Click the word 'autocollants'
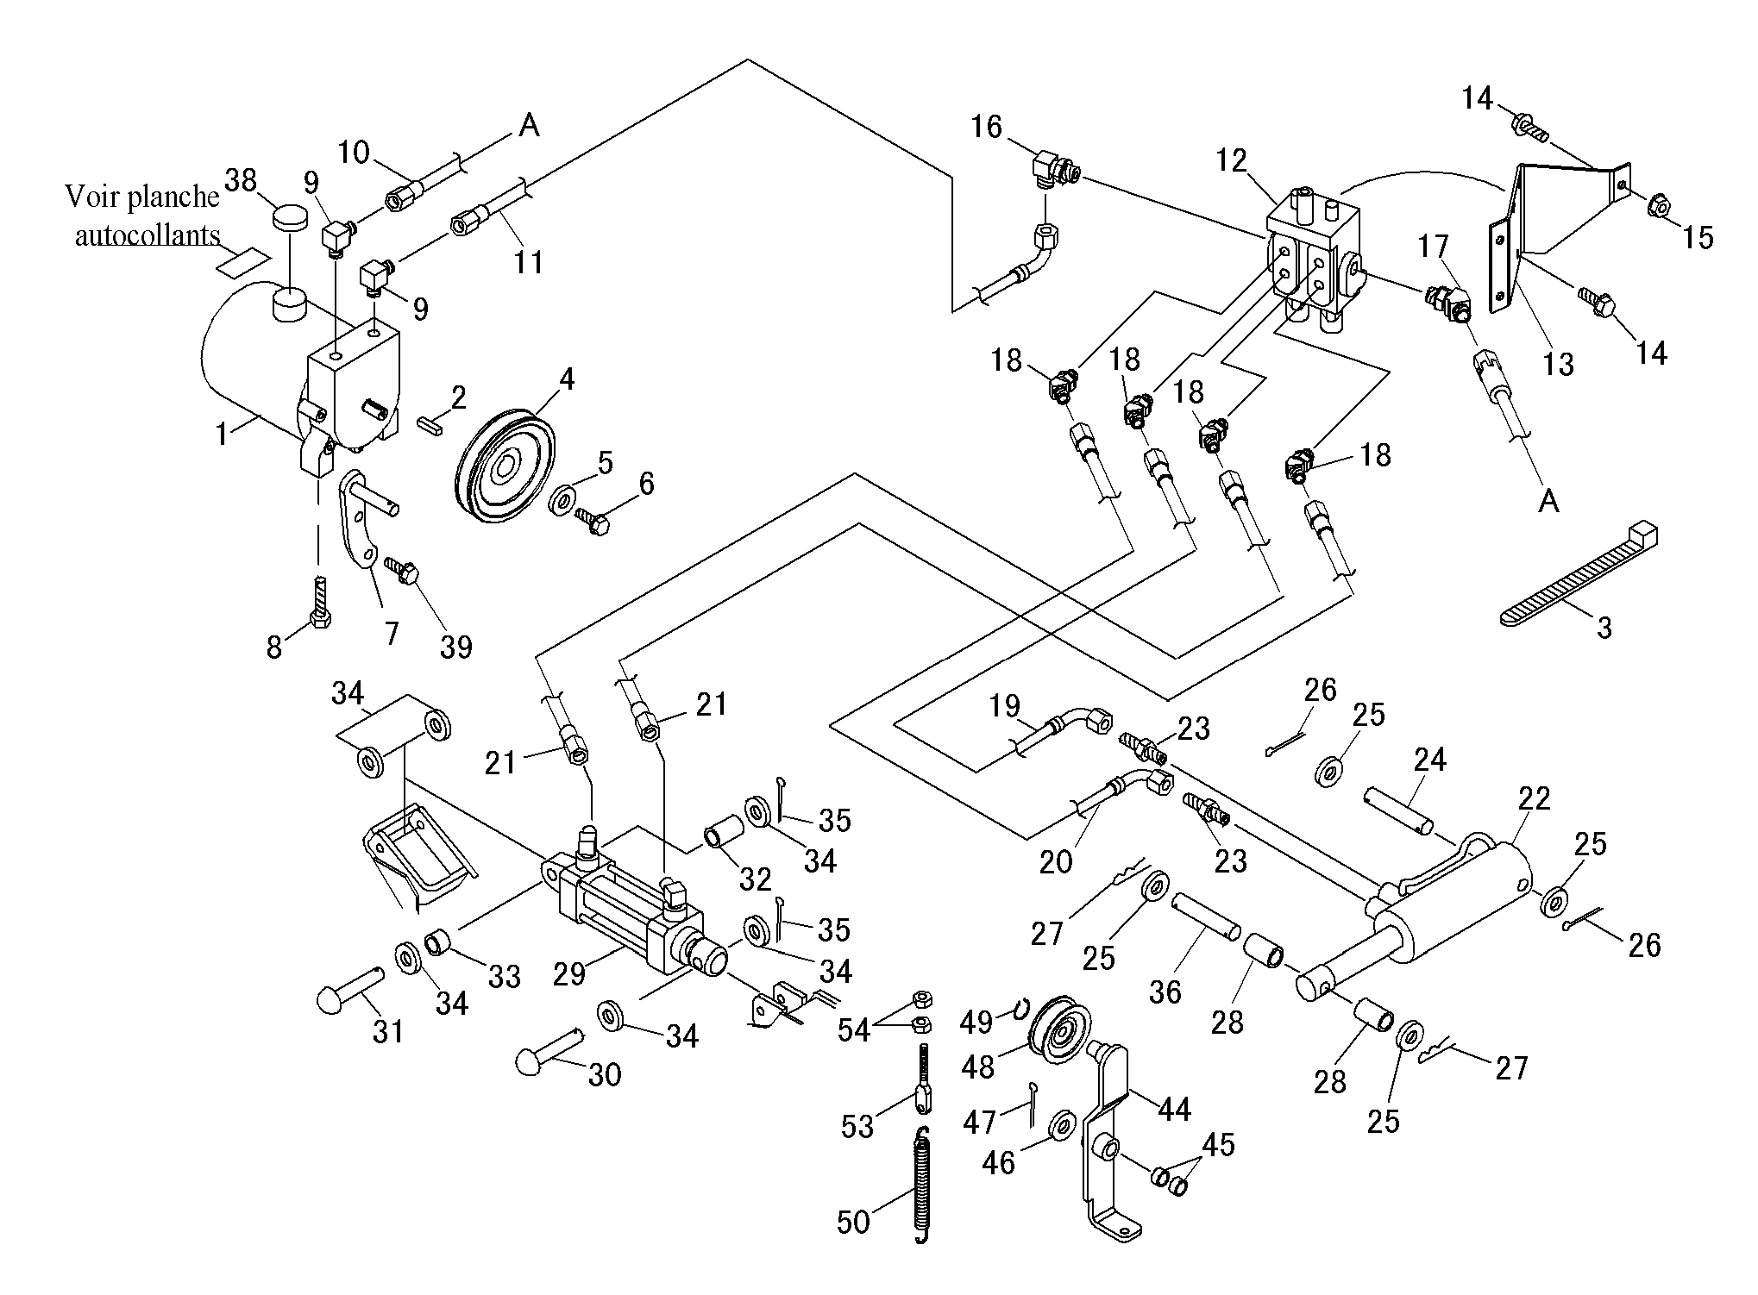coord(148,235)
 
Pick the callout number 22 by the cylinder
coord(1534,798)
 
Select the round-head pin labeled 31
coord(350,992)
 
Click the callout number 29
coord(569,973)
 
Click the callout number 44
coord(1174,1109)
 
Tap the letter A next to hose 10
coord(530,126)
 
